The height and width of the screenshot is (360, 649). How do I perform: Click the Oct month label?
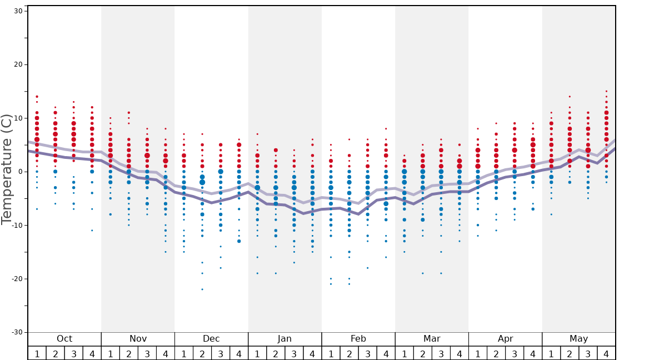tap(64, 339)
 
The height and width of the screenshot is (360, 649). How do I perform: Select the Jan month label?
tap(284, 339)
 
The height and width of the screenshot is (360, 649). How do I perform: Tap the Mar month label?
tap(432, 339)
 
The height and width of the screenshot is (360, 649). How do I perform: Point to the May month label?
tap(578, 339)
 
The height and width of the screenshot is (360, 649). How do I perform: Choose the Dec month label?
tap(211, 339)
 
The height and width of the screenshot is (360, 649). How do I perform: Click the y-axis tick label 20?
tap(17, 64)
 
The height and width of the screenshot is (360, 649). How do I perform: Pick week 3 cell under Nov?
tap(147, 353)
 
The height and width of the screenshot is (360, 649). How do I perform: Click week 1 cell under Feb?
tap(331, 353)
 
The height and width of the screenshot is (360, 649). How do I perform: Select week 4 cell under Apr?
tap(533, 353)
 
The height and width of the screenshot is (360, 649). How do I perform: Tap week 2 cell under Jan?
tap(276, 353)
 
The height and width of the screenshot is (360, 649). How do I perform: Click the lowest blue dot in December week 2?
tap(202, 289)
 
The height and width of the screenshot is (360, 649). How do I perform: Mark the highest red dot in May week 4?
tap(606, 91)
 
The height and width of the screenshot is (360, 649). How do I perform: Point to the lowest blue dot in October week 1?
tap(37, 209)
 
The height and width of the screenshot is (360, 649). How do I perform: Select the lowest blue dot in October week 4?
tap(92, 231)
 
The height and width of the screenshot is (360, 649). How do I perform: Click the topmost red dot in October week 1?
tap(37, 97)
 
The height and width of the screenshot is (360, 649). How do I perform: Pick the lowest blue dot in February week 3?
tap(367, 268)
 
